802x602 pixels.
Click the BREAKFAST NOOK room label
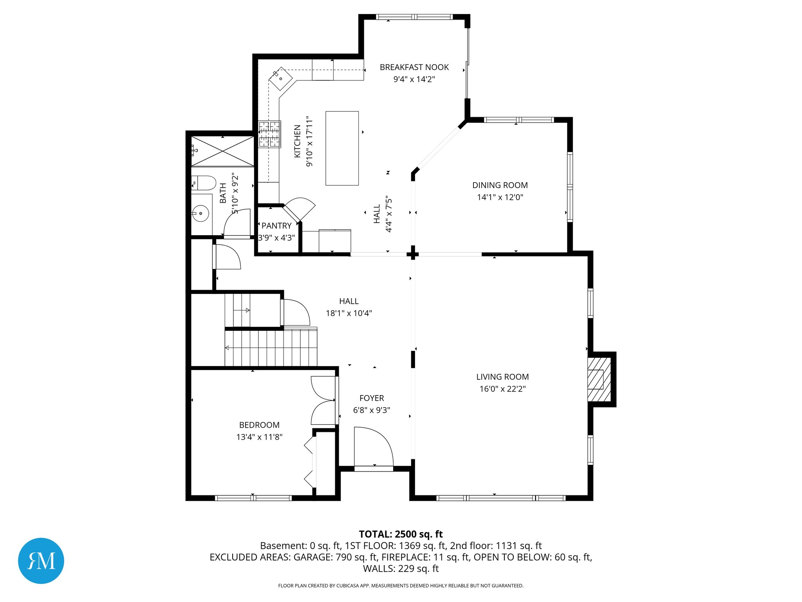coord(414,67)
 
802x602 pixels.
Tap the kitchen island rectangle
coord(342,148)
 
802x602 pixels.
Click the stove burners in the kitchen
coord(269,134)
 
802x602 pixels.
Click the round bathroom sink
coord(200,213)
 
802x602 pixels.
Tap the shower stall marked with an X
coord(222,151)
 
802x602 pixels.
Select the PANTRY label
coord(276,226)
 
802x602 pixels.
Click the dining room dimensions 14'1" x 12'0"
coord(500,197)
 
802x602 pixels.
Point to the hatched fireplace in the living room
coord(599,379)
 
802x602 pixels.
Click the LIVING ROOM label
coord(502,377)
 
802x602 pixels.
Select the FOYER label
coord(371,398)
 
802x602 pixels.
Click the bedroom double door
coord(323,401)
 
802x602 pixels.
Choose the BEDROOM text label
coord(259,425)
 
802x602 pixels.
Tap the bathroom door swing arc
coord(237,223)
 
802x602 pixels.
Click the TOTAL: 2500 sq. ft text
coord(401,534)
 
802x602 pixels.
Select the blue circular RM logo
coord(41,560)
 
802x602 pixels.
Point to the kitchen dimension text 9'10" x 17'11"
coord(309,141)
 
